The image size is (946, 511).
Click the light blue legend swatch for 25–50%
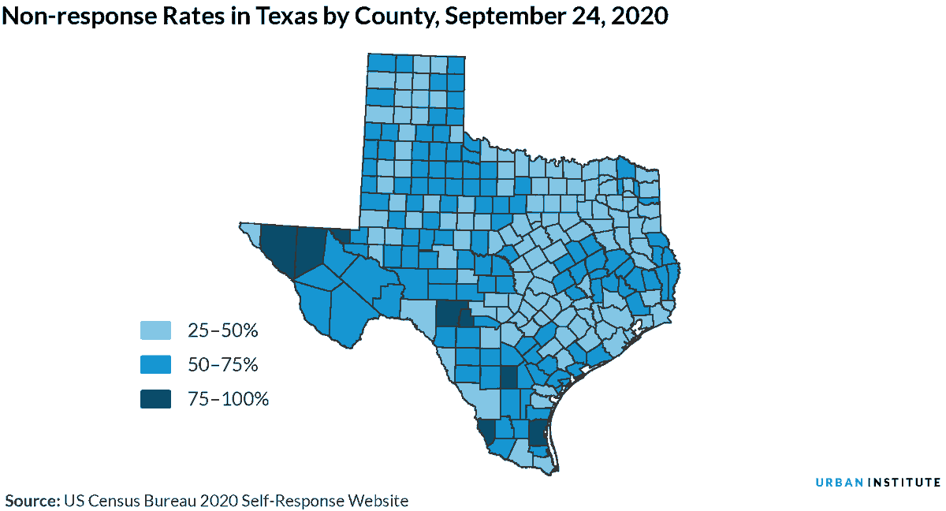(156, 330)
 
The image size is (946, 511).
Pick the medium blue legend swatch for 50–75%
(156, 364)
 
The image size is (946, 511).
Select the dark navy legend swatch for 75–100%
(156, 399)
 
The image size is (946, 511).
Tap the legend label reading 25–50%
(223, 330)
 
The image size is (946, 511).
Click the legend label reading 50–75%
(223, 364)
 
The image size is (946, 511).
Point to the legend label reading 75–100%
(228, 399)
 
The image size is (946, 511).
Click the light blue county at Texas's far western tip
(251, 232)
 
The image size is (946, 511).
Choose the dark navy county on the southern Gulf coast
(537, 433)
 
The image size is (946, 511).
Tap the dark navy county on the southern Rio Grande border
(487, 431)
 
